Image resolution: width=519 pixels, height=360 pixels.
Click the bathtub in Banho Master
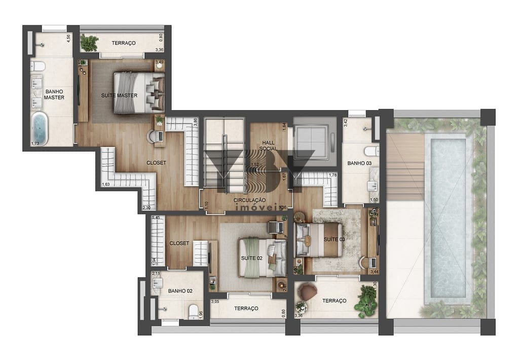click(39, 129)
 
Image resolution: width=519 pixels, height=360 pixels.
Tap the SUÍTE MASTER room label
click(120, 95)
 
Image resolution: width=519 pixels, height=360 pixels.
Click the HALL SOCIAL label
click(268, 146)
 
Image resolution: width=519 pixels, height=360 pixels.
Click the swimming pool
click(444, 218)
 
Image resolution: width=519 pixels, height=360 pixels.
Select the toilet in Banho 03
click(372, 151)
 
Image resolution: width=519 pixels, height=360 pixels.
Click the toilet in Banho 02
click(193, 311)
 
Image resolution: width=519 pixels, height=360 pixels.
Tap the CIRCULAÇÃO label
click(249, 200)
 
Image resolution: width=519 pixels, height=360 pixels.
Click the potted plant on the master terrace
click(89, 43)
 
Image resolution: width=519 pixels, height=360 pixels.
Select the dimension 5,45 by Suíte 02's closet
click(156, 219)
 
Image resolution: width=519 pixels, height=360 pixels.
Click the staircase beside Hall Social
click(223, 155)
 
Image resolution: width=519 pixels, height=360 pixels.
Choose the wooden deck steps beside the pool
click(405, 167)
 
